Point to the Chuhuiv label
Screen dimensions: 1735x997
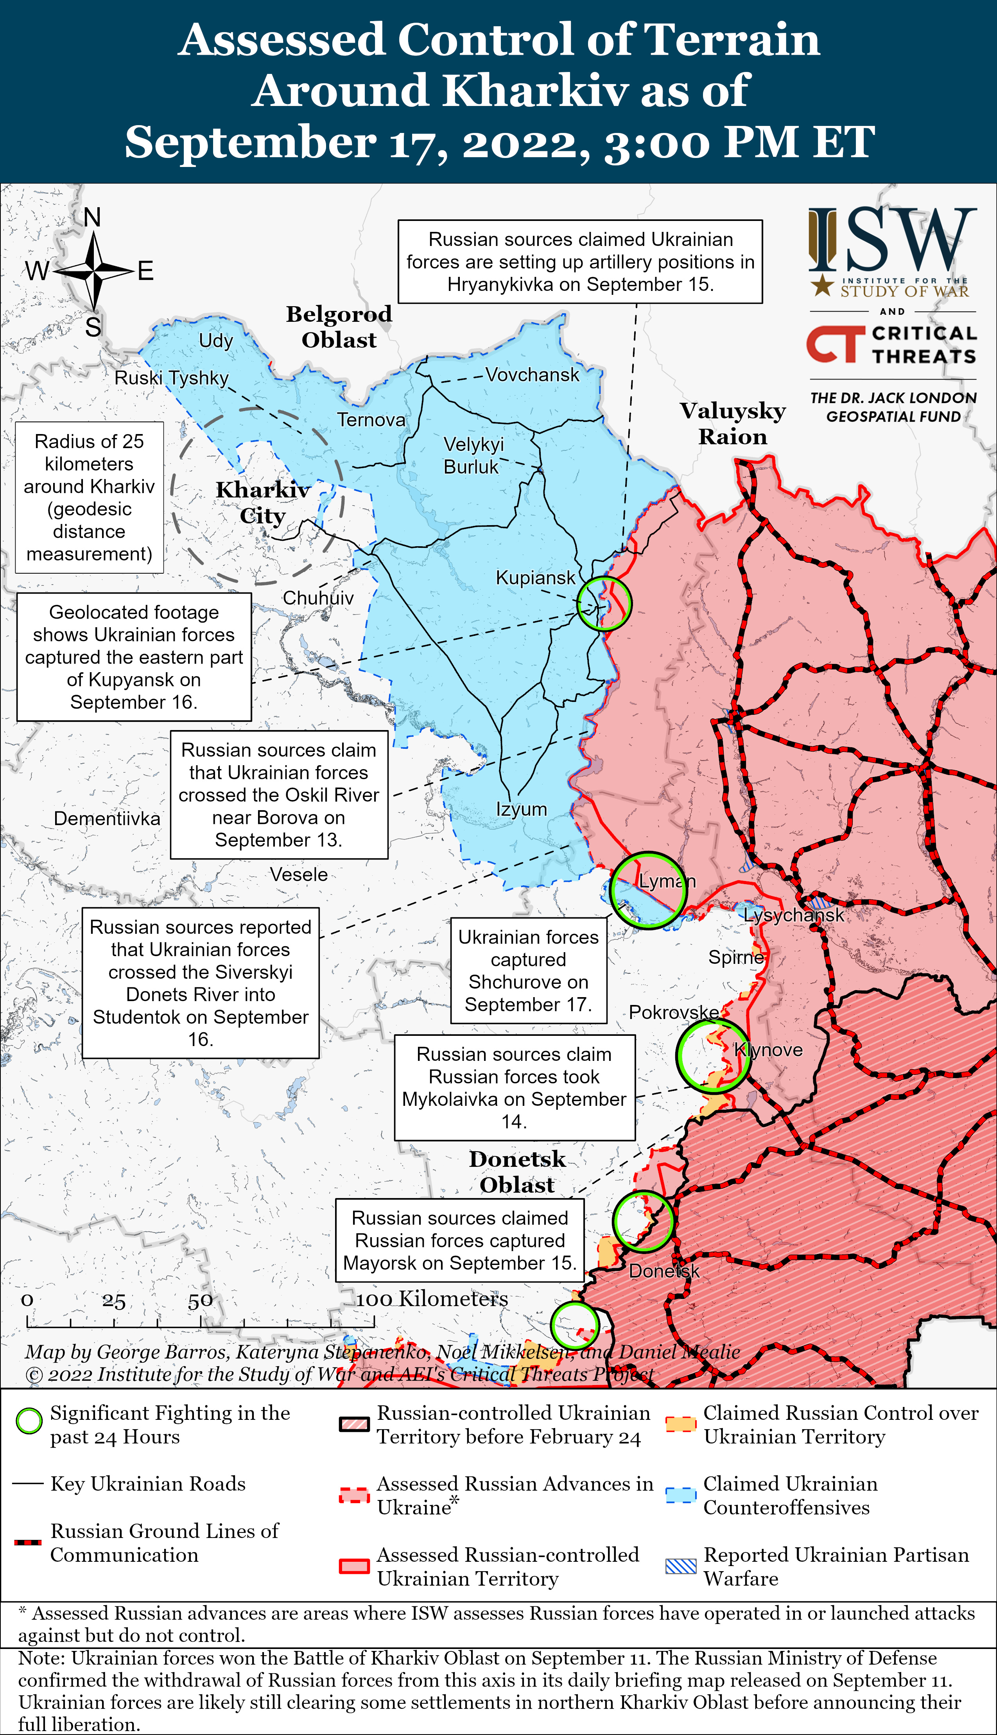318,598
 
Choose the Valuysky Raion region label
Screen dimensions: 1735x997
733,423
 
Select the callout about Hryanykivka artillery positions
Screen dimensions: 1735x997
580,262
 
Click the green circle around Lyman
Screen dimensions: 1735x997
647,890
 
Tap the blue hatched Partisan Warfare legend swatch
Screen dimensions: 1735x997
681,1566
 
